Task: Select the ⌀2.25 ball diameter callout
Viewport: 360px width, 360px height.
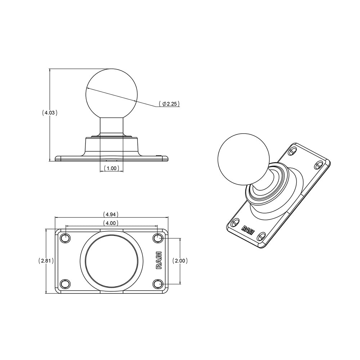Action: point(169,104)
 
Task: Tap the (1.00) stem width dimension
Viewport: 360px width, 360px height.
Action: point(111,168)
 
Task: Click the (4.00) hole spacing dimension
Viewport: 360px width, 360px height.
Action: point(111,223)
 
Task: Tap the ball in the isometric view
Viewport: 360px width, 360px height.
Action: point(243,159)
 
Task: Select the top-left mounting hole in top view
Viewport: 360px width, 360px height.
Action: point(65,238)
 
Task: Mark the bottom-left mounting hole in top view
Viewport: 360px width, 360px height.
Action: point(65,284)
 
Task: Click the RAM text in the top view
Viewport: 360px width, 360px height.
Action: point(158,261)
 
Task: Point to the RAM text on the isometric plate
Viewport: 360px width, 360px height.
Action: point(248,230)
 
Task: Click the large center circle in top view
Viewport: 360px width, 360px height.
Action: point(111,261)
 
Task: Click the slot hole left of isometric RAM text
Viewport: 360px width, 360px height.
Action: point(235,223)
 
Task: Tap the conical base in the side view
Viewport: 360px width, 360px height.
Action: point(112,146)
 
